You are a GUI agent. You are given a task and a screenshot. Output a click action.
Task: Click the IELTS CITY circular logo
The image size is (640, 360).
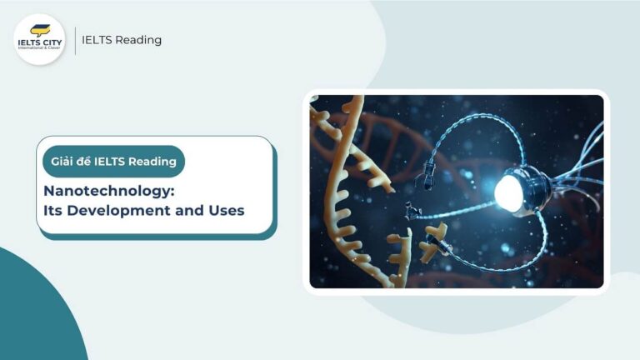pyautogui.click(x=39, y=39)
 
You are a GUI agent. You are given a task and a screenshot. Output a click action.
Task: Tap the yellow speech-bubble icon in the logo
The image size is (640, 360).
pyautogui.click(x=39, y=30)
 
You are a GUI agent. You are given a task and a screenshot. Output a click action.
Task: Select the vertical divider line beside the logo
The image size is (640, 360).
pyautogui.click(x=75, y=40)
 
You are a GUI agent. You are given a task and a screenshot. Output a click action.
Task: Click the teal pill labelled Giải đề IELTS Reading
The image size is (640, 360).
pyautogui.click(x=113, y=162)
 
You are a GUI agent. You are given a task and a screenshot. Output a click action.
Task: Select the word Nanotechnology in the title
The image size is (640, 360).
pyautogui.click(x=99, y=191)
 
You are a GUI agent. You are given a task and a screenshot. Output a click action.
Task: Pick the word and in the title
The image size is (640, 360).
pyautogui.click(x=186, y=211)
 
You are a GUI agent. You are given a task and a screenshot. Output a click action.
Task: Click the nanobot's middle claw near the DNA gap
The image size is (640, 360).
pyautogui.click(x=410, y=210)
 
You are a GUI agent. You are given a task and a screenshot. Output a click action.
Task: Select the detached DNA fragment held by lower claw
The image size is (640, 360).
pyautogui.click(x=432, y=246)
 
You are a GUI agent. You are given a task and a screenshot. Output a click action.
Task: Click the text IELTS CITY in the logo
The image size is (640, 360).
pyautogui.click(x=39, y=44)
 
